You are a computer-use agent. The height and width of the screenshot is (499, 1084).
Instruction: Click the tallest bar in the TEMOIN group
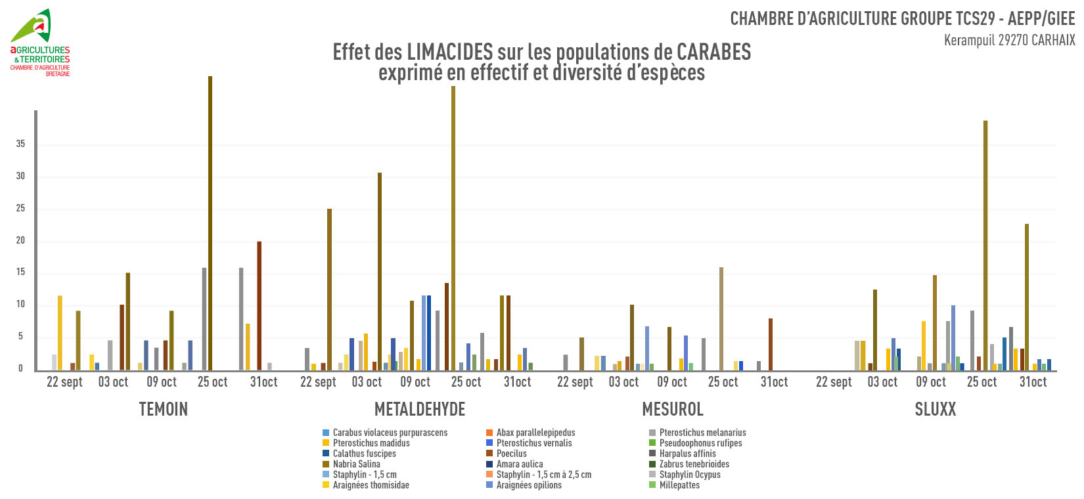tap(210, 223)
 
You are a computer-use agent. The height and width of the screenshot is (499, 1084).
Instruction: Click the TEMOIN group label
tap(164, 409)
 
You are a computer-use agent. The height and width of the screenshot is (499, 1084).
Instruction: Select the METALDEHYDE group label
tap(420, 409)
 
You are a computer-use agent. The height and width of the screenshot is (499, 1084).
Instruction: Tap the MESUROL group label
tap(673, 409)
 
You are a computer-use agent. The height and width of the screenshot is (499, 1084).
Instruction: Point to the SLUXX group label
tap(936, 409)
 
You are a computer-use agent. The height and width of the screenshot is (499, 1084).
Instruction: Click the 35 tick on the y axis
tap(20, 144)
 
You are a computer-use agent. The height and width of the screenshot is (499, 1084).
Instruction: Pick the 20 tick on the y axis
tap(20, 240)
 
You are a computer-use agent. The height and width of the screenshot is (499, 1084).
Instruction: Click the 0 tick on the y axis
tap(20, 368)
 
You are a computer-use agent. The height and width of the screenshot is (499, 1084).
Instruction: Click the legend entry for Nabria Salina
tap(356, 464)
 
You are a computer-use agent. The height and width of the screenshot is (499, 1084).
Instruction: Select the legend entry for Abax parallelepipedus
tap(535, 433)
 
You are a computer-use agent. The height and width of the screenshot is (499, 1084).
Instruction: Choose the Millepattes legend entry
tap(679, 485)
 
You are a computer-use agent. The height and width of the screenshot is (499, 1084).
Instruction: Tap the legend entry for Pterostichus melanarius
tap(702, 433)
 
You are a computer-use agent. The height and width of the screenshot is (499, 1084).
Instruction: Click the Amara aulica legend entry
tap(519, 464)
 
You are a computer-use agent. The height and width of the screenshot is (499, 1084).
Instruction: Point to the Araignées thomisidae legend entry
tap(371, 485)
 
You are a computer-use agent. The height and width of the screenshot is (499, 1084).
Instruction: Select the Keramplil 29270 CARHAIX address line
tap(1009, 40)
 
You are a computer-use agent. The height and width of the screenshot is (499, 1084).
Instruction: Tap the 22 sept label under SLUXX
tap(834, 382)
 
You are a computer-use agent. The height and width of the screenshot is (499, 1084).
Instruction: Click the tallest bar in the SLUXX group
tap(985, 246)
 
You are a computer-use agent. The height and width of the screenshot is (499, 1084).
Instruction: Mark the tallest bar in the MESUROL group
tap(721, 319)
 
